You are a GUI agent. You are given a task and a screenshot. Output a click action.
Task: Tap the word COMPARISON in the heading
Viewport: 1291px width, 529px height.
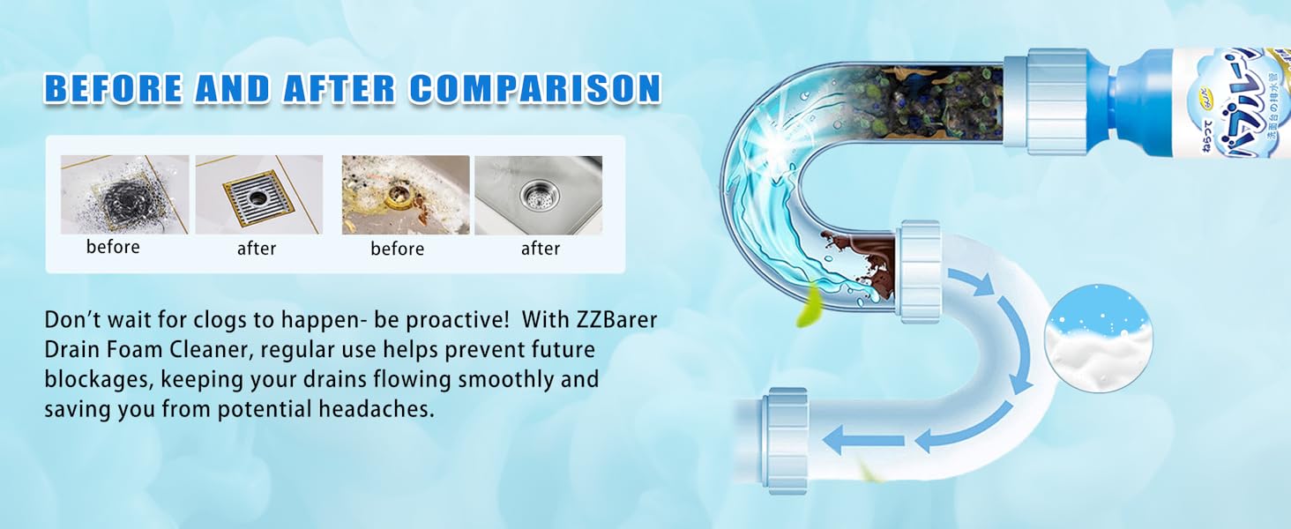pyautogui.click(x=535, y=88)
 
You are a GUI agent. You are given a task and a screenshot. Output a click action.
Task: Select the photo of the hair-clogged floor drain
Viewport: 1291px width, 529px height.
pyautogui.click(x=124, y=194)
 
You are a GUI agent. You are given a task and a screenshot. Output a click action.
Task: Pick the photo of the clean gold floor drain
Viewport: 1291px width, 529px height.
pyautogui.click(x=258, y=194)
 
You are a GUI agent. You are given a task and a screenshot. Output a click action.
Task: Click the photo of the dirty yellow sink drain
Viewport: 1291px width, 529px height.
pyautogui.click(x=405, y=194)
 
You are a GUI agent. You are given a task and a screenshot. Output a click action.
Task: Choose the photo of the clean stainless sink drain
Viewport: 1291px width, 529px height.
pyautogui.click(x=538, y=194)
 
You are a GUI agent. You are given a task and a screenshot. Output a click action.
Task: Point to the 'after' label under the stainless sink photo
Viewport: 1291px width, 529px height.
pyautogui.click(x=541, y=250)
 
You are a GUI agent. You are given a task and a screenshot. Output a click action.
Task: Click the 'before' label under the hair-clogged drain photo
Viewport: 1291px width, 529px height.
pyautogui.click(x=113, y=248)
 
